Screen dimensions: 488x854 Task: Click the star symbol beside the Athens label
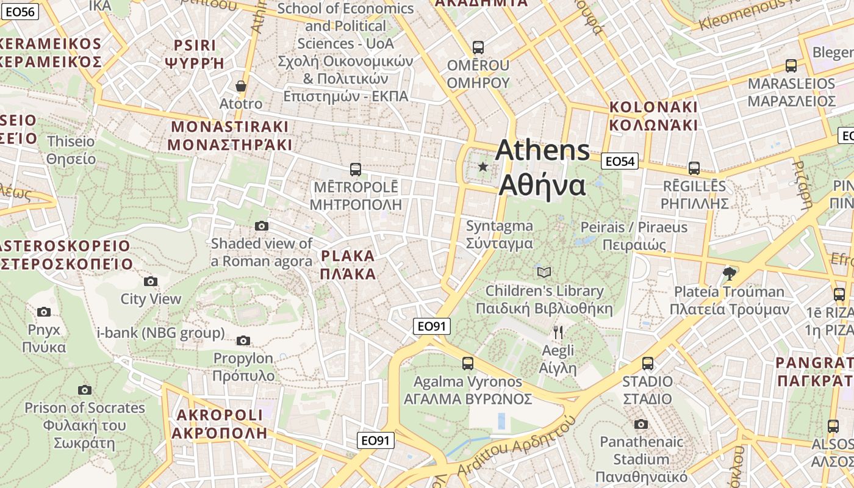pos(483,166)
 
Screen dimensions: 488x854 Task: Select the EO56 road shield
pos(20,11)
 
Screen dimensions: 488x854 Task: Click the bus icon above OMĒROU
pos(478,47)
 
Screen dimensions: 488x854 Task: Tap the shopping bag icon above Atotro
pos(241,86)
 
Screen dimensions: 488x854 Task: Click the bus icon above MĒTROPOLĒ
pos(356,169)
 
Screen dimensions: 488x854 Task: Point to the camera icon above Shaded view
pos(262,226)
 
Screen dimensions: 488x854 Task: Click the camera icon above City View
pos(151,281)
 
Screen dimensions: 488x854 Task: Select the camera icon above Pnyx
pos(44,312)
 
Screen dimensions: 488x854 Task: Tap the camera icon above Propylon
pos(243,340)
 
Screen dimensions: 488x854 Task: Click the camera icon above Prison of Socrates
pos(85,390)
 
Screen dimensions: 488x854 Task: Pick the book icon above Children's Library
pos(544,272)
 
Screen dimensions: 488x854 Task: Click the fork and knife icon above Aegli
pos(558,332)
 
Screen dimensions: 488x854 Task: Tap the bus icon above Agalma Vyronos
pos(468,363)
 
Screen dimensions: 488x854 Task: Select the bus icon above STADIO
pos(648,363)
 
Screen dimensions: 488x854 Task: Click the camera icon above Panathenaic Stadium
pos(640,424)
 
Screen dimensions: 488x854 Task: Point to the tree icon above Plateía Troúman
pos(729,273)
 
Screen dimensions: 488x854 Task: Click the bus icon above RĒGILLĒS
pos(694,168)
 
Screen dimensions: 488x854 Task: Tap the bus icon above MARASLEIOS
pos(791,65)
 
